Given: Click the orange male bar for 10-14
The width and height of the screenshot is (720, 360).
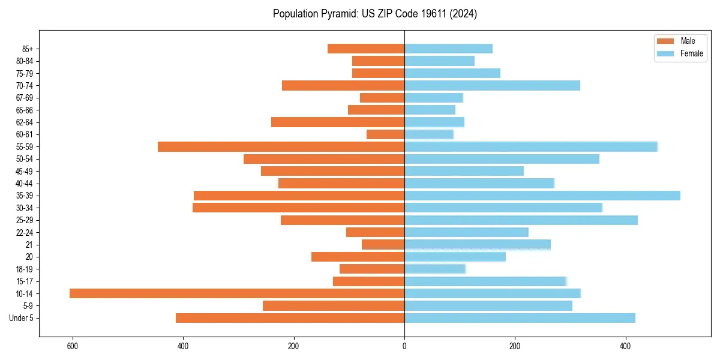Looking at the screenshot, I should pos(237,293).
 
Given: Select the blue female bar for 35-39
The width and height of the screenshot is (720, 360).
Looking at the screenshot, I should pos(542,196).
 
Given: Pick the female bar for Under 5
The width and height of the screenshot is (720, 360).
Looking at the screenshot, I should pos(520,318).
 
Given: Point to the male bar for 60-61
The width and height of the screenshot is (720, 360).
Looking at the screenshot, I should pos(385,134).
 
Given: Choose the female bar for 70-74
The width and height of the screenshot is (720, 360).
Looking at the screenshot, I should pos(492,86).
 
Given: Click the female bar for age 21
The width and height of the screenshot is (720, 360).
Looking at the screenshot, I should pos(478,245).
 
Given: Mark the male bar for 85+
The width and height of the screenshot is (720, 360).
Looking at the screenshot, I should pos(366,49).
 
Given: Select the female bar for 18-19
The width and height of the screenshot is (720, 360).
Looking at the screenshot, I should pos(435,269).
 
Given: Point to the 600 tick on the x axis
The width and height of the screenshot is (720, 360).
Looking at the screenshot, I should pos(73,346).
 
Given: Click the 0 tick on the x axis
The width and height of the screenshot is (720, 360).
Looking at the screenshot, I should pos(404,346).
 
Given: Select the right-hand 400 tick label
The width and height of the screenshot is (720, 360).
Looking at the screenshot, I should pos(625,346).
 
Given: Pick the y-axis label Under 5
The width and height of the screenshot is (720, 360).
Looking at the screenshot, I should pos(22,318).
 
